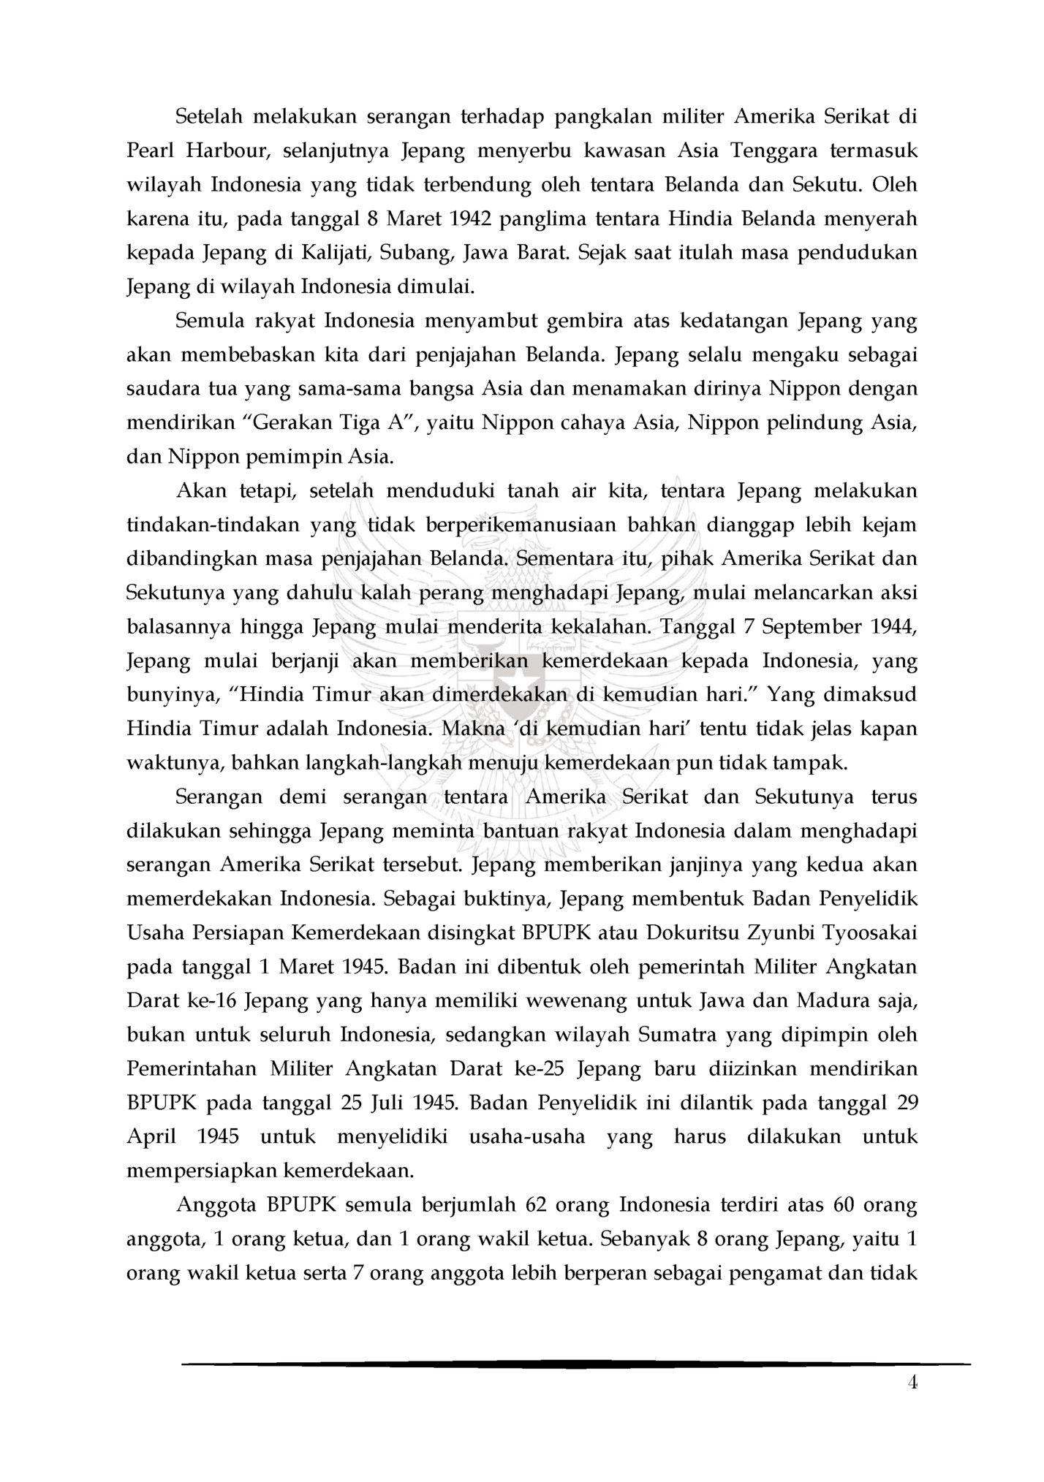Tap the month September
click(x=812, y=627)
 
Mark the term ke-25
click(x=541, y=1068)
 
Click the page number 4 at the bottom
click(x=911, y=1383)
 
